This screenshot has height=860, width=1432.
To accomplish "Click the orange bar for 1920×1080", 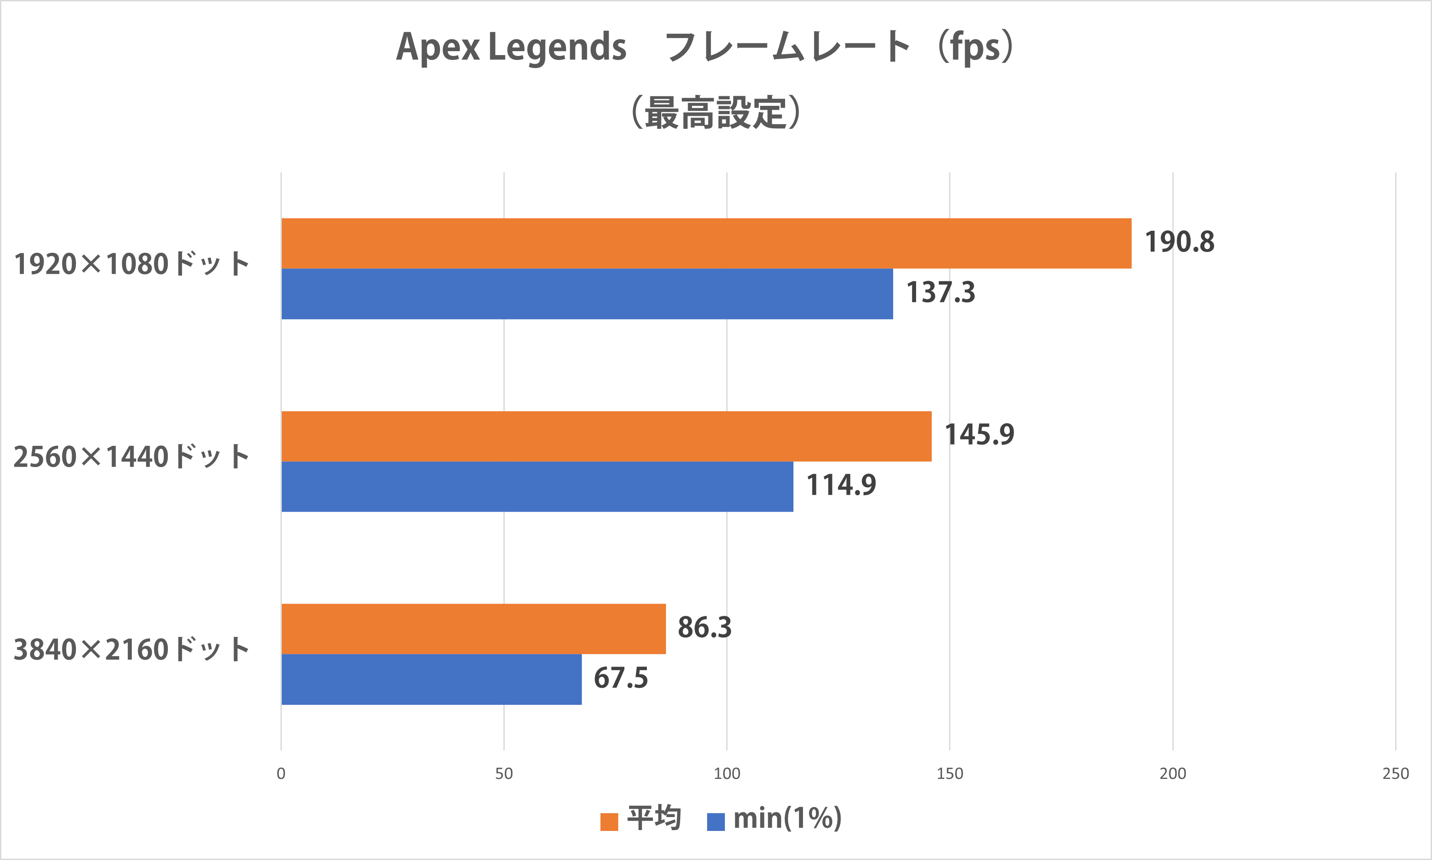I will (x=706, y=243).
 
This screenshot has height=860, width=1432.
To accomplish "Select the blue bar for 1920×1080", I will (x=587, y=294).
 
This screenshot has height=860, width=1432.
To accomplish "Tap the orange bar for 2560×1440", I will (x=607, y=436).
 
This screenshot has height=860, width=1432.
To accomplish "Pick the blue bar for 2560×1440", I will (x=537, y=487).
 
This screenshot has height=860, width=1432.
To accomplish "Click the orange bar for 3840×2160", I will (x=473, y=629).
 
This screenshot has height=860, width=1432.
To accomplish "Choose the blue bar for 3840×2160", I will (x=431, y=679).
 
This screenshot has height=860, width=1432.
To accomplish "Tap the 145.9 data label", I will (x=979, y=435).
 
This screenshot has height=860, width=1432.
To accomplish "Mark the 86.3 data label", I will (x=705, y=628).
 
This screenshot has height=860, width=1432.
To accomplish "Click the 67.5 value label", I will (x=620, y=678).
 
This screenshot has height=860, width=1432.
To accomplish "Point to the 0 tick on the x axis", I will (x=281, y=774).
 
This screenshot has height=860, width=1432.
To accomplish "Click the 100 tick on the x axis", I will (x=727, y=774).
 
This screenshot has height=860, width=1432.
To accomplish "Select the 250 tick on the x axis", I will (x=1396, y=774).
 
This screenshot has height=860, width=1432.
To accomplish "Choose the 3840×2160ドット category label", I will (x=131, y=650).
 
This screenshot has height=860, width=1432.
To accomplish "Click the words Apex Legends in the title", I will (x=511, y=48).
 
